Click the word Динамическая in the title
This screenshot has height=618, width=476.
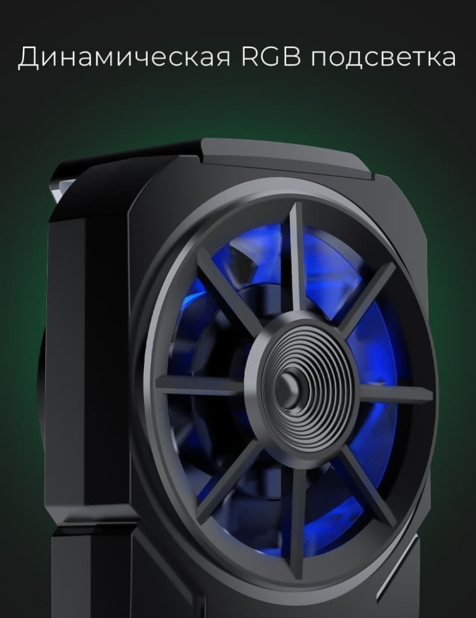coord(124,56)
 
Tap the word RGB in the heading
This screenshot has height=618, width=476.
coord(271,56)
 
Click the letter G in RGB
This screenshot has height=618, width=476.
coord(271,56)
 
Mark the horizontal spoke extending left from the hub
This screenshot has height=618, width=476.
coord(201,384)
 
